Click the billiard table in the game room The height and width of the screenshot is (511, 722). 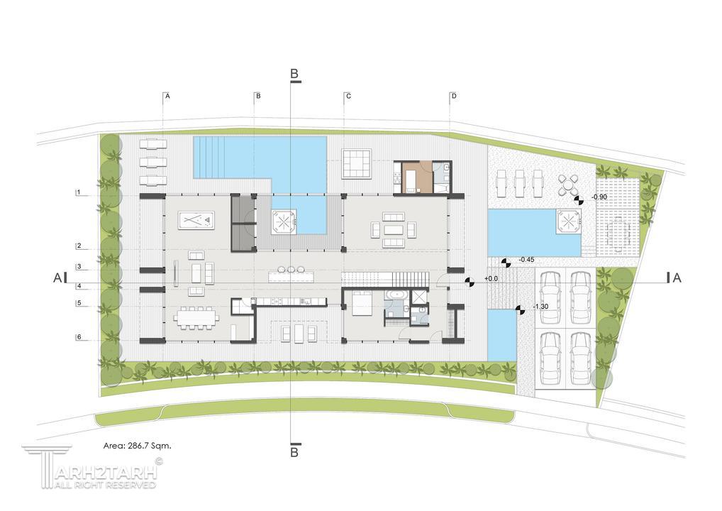[196, 220]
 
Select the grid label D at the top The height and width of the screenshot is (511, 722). [454, 96]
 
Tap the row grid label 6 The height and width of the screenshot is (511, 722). [79, 337]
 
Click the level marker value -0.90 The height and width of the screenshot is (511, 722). [599, 197]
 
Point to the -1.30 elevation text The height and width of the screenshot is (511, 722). [540, 307]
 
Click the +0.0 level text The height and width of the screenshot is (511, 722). [491, 279]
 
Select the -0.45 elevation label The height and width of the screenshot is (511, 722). [526, 260]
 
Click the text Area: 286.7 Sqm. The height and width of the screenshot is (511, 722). [137, 446]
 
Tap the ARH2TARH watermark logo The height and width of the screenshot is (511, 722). [92, 466]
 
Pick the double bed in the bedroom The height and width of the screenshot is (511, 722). [362, 303]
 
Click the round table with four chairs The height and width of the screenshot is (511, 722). [569, 185]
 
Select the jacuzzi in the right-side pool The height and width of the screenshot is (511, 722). [569, 221]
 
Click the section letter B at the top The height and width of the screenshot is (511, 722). [294, 74]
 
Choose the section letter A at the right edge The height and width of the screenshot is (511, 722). [677, 278]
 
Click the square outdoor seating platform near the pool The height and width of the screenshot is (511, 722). [357, 163]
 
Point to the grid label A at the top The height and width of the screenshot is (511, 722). [167, 96]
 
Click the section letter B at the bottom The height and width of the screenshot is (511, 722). [294, 452]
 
